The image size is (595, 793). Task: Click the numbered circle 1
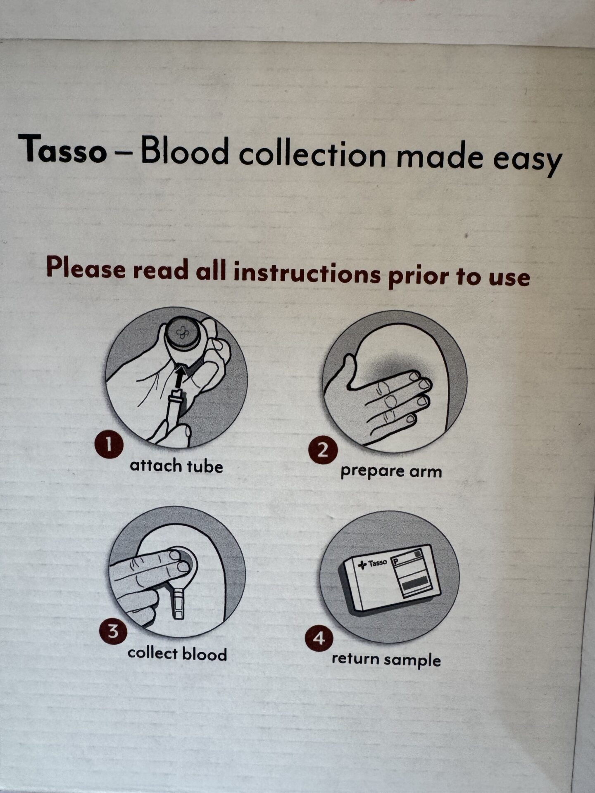pos(109,445)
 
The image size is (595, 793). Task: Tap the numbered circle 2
pos(323,450)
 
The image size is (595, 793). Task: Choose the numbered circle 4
pos(319,639)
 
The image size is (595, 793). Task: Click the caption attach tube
pos(176,466)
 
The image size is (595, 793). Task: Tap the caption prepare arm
pos(391,471)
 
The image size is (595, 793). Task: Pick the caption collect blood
pos(177,654)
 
